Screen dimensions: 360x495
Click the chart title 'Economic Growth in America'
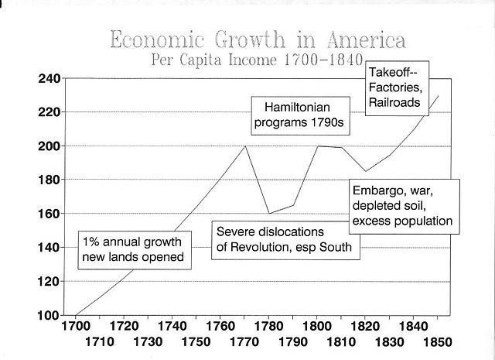pos(258,40)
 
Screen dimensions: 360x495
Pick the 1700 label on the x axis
pos(76,327)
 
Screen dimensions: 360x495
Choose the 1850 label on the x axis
pos(438,341)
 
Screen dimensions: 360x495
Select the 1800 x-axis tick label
pos(317,327)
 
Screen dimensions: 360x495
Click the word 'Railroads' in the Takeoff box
pos(394,102)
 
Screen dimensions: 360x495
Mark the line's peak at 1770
pos(245,146)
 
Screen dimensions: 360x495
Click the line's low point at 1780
pos(269,213)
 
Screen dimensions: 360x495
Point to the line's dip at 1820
pos(366,171)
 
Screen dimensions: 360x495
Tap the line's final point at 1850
pos(438,96)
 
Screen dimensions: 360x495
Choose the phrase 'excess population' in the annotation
pos(401,221)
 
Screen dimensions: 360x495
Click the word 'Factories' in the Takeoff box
pos(394,87)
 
